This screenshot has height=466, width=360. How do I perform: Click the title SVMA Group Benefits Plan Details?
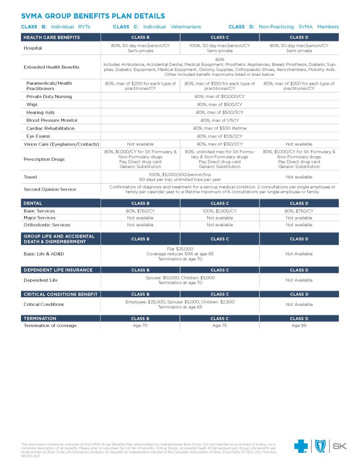93,16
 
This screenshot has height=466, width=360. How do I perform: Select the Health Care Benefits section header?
51,37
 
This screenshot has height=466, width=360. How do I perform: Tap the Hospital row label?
33,48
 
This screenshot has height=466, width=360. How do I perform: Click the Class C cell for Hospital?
219,48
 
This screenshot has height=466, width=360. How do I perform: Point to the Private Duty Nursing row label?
49,96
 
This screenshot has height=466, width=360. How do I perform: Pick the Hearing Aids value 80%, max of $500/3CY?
219,112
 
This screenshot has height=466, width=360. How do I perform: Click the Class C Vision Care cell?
219,144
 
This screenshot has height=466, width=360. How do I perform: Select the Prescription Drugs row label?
44,159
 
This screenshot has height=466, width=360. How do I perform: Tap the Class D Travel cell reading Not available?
299,177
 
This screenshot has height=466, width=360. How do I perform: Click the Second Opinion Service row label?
50,189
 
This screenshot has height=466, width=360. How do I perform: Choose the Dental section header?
33,203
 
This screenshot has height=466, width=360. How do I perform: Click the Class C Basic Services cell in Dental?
219,211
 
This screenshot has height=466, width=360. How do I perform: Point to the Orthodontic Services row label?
47,225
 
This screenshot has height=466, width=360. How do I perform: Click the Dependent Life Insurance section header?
58,270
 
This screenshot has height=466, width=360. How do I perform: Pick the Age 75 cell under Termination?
219,325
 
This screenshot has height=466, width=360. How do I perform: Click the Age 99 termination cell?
299,325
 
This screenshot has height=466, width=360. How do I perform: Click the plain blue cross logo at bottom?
301,446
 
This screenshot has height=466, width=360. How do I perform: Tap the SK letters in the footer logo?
340,446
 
